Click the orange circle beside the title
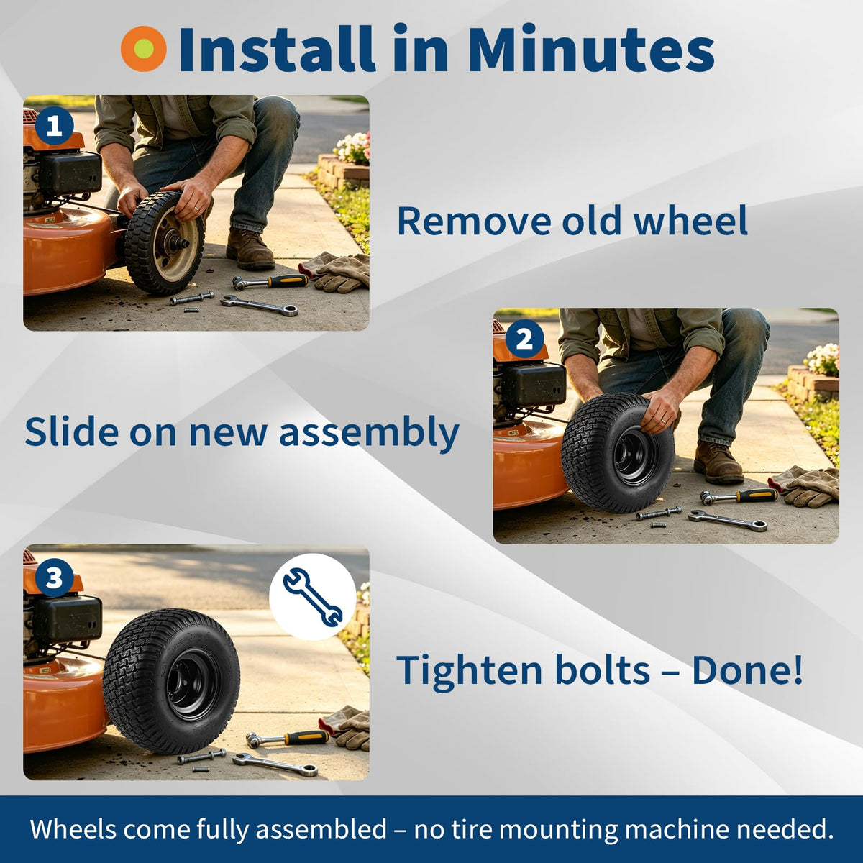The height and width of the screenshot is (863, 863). pyautogui.click(x=144, y=48)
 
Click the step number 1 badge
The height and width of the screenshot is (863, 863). pyautogui.click(x=55, y=127)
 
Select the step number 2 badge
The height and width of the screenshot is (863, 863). pyautogui.click(x=525, y=340)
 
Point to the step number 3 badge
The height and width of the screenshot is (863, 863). pyautogui.click(x=54, y=577)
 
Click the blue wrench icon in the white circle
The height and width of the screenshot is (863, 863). pyautogui.click(x=313, y=597)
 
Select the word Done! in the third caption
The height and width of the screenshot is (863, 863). pyautogui.click(x=747, y=670)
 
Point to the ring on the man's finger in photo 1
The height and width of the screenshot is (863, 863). pyautogui.click(x=196, y=209)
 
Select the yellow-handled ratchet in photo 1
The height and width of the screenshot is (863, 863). pyautogui.click(x=270, y=282)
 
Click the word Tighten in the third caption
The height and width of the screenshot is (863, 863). pyautogui.click(x=465, y=670)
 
